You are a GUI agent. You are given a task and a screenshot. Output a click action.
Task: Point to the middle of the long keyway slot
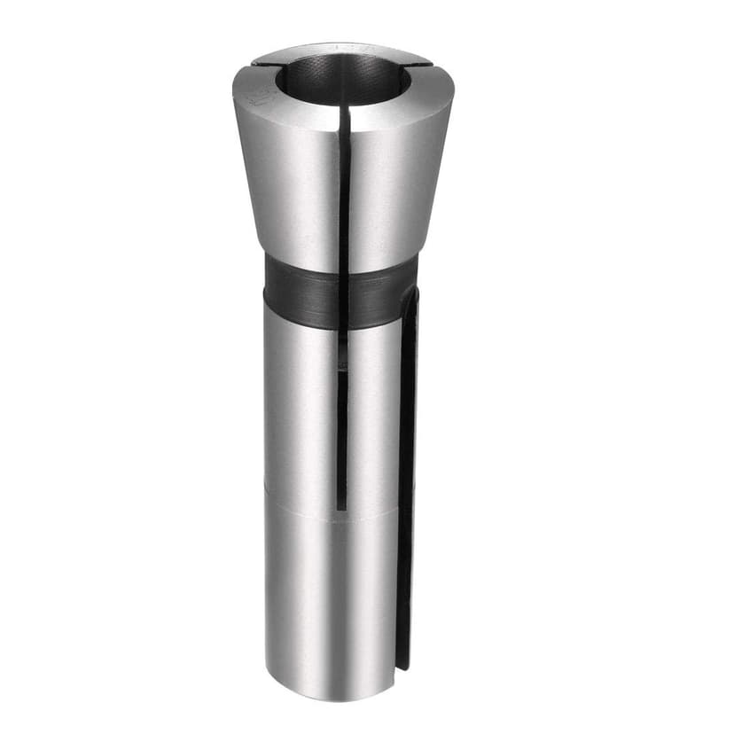point(407,479)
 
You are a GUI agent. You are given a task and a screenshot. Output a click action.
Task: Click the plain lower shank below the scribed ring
point(328,603)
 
